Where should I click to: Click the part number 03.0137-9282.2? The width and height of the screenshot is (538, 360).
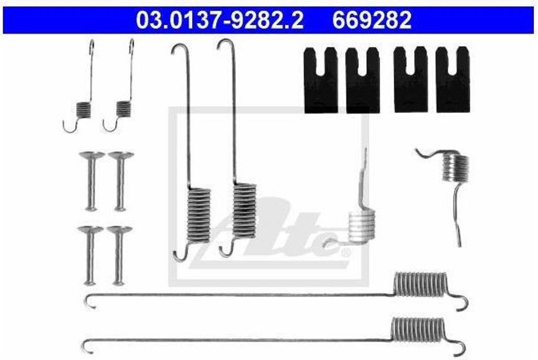tap(219, 20)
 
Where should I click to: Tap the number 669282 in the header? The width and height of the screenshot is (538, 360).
tap(371, 20)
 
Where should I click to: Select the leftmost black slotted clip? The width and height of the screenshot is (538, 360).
tap(321, 80)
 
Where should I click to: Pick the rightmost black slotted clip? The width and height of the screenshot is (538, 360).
tap(453, 79)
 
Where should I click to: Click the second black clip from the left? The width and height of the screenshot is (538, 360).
tap(363, 80)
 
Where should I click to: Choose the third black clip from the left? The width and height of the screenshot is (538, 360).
tap(411, 79)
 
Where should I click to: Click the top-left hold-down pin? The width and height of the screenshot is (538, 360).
tap(91, 181)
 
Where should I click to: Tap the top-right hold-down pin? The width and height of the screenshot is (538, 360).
tap(121, 181)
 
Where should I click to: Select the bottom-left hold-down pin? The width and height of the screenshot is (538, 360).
tap(90, 255)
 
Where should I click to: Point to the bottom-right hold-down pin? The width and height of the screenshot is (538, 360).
tap(119, 255)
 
